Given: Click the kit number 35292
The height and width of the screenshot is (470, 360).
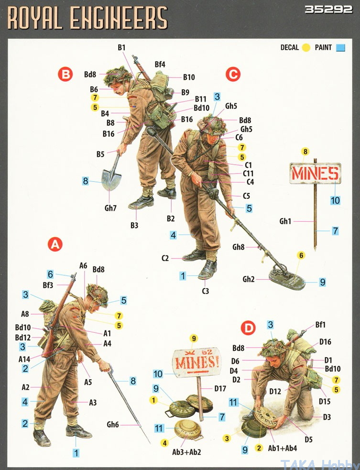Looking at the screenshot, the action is click(x=328, y=10).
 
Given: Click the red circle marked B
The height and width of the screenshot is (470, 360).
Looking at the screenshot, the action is click(x=65, y=74).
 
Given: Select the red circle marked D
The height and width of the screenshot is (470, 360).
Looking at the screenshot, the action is click(x=249, y=328).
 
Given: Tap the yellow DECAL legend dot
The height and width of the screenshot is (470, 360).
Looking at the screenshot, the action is click(x=306, y=48).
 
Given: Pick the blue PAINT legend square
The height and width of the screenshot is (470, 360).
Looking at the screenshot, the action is click(x=340, y=48).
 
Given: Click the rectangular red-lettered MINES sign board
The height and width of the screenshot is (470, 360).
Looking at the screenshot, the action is click(x=316, y=173).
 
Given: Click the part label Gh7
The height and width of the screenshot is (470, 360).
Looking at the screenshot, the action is click(x=110, y=208).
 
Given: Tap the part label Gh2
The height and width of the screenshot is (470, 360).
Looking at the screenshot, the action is click(x=249, y=279).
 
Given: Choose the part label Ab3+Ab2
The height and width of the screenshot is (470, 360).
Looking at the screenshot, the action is click(x=186, y=452).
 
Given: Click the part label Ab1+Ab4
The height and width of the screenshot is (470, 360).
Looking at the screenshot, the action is click(x=283, y=448).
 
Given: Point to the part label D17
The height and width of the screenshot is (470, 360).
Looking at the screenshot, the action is click(x=220, y=388).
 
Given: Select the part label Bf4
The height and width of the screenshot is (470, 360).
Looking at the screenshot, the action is click(x=160, y=65).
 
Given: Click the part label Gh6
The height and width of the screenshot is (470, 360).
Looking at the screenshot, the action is click(x=113, y=424).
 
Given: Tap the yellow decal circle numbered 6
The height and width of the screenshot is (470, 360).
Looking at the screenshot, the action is click(x=301, y=255).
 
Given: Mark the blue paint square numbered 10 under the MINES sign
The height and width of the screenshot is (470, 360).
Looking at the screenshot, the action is click(x=335, y=200).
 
